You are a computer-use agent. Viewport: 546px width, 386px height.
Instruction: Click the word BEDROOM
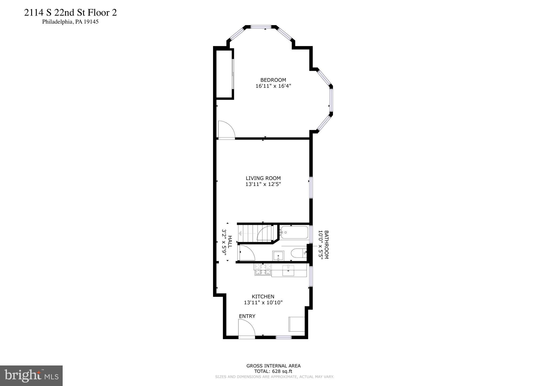(273, 80)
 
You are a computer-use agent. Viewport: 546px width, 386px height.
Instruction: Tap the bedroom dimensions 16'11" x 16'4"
(273, 86)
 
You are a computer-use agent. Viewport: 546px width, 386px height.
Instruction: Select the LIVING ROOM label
(263, 178)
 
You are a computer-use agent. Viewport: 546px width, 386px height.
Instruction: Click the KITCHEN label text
(263, 296)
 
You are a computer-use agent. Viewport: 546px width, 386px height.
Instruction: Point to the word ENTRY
(247, 316)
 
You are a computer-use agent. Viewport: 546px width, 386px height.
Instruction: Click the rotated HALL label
(230, 242)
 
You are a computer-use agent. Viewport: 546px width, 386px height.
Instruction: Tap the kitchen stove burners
(263, 269)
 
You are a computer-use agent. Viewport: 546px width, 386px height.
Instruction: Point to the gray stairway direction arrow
(240, 234)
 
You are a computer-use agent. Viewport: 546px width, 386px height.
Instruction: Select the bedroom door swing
(226, 130)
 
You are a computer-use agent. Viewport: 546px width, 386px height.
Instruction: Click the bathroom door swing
(247, 253)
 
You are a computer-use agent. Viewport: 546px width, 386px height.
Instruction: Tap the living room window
(311, 187)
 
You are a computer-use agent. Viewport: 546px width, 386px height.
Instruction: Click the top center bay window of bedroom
(261, 27)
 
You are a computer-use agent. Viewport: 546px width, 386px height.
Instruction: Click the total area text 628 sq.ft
(273, 371)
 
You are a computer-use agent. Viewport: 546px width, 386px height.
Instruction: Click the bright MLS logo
(31, 376)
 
